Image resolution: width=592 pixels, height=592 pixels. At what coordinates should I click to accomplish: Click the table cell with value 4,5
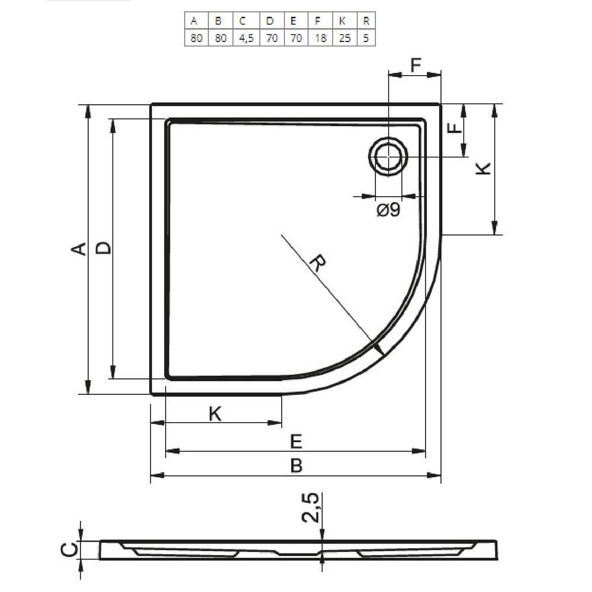point(246,38)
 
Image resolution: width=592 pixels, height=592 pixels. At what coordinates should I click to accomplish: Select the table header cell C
point(246,21)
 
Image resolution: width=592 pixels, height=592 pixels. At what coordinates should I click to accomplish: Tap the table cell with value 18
point(320,38)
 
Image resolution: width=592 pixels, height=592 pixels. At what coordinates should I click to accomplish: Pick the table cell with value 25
point(345,38)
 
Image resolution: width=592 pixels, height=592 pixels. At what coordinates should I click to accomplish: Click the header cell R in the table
point(366,21)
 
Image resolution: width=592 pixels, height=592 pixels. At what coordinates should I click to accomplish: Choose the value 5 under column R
point(366,38)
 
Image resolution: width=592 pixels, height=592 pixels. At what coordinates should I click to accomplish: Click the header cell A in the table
point(197,21)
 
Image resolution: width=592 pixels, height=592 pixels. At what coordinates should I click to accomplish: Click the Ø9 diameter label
point(388,210)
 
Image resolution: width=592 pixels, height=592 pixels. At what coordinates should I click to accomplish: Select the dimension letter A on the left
point(79,249)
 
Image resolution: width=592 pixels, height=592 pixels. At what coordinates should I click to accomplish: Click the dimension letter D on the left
point(103,248)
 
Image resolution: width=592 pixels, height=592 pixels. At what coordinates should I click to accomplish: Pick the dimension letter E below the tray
point(296,442)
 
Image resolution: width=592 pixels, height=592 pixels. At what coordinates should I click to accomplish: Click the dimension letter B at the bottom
point(297,465)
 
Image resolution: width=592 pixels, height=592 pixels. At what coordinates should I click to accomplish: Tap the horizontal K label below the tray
point(215,414)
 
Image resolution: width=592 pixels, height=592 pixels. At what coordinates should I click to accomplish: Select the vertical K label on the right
point(483,168)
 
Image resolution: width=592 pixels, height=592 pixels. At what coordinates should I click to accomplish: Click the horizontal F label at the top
point(416,65)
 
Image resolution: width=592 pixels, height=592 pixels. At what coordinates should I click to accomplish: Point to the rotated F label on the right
point(455,128)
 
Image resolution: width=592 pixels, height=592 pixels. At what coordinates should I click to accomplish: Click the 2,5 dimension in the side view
point(311,508)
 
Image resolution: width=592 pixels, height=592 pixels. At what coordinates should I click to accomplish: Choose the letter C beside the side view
point(69,549)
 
